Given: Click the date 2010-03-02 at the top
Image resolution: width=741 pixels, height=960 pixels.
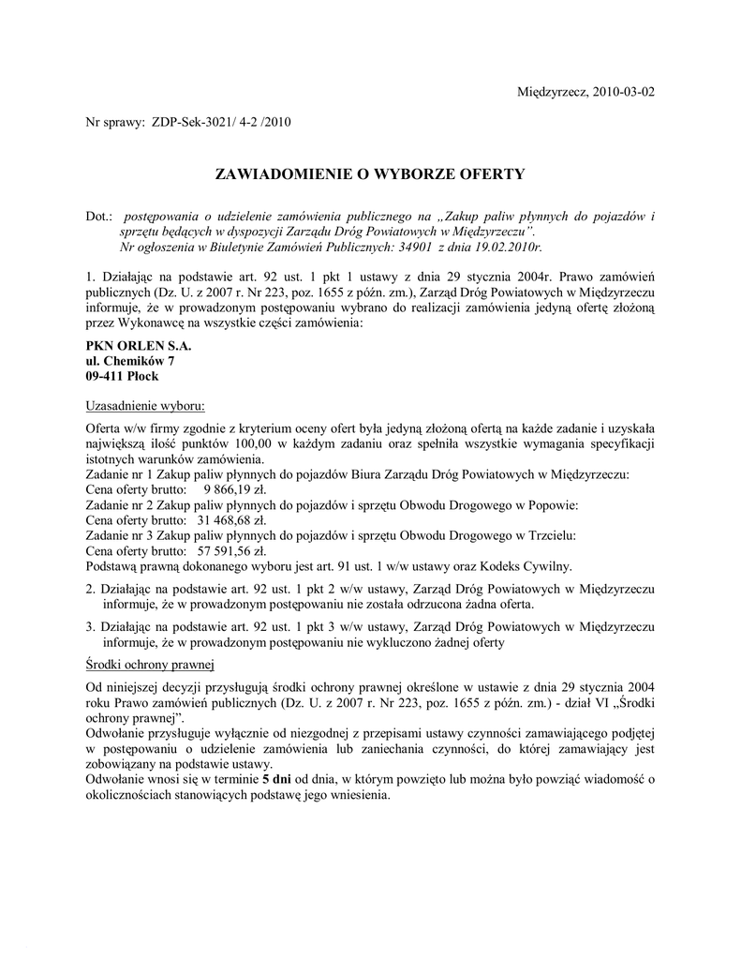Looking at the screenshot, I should click(x=622, y=92).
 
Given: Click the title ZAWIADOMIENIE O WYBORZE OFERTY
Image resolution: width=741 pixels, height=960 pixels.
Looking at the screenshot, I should click(x=370, y=173).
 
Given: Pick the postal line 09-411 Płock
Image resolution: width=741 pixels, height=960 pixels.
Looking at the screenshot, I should click(x=122, y=376).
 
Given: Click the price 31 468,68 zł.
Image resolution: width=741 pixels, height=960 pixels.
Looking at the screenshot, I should click(x=232, y=520).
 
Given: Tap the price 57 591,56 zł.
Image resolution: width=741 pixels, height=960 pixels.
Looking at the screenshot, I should click(x=232, y=550).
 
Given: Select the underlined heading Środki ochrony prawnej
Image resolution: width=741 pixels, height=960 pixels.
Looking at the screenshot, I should click(x=150, y=665).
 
